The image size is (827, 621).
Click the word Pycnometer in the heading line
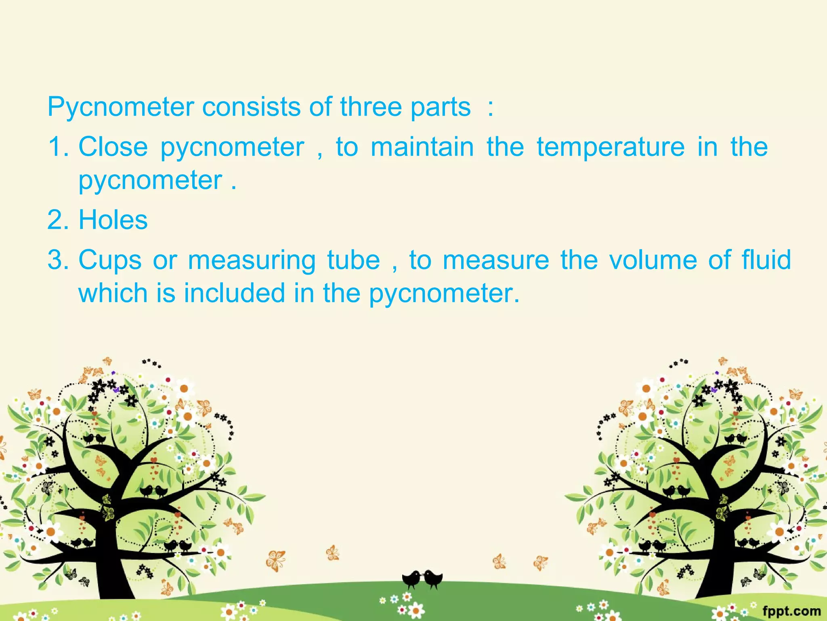[x=120, y=108]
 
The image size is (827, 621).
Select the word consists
[x=251, y=107]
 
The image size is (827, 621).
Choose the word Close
[x=113, y=146]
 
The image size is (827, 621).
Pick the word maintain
[x=422, y=146]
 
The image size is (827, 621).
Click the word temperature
[x=611, y=146]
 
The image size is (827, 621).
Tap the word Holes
[x=113, y=220]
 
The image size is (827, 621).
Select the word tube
[x=353, y=260]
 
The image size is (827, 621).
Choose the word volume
[x=653, y=260]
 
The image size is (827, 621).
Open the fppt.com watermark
[x=791, y=610]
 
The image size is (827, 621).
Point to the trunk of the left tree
[x=107, y=566]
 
